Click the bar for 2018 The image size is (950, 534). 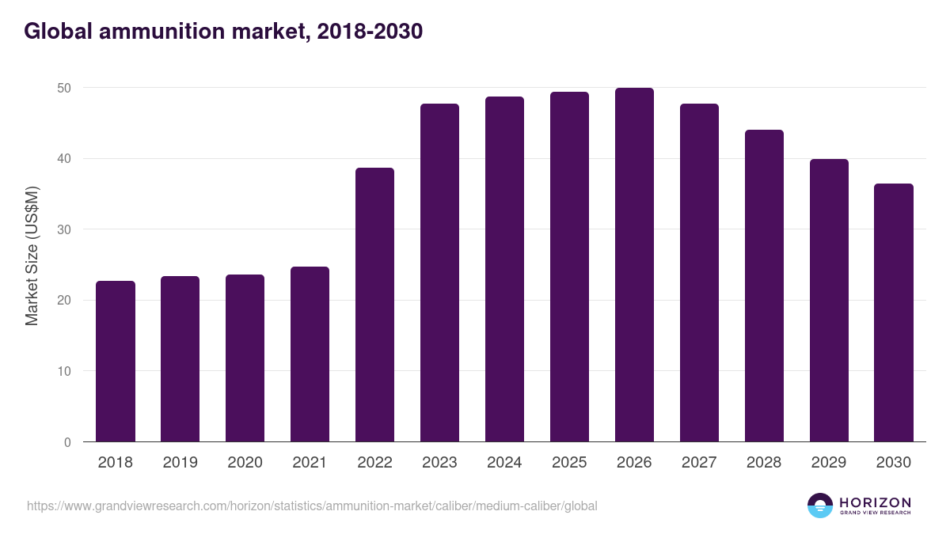pos(116,362)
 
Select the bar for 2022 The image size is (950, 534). pos(374,305)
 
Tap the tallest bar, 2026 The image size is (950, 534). pos(634,265)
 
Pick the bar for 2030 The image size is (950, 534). pos(894,312)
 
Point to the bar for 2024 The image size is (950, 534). pos(504,269)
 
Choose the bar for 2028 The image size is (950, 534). pos(764,286)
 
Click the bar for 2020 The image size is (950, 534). pos(245,358)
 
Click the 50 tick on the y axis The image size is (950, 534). pos(65,88)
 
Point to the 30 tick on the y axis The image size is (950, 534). pos(65,229)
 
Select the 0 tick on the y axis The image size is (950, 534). pos(68,442)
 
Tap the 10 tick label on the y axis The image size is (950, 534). pos(65,371)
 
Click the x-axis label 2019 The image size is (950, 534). pos(180,463)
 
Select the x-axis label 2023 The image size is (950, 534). pos(439,463)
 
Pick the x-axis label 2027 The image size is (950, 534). pos(699,463)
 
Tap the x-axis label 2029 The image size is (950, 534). pos(829,463)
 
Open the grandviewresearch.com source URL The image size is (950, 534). pos(312,506)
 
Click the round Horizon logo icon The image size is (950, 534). pos(819,506)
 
